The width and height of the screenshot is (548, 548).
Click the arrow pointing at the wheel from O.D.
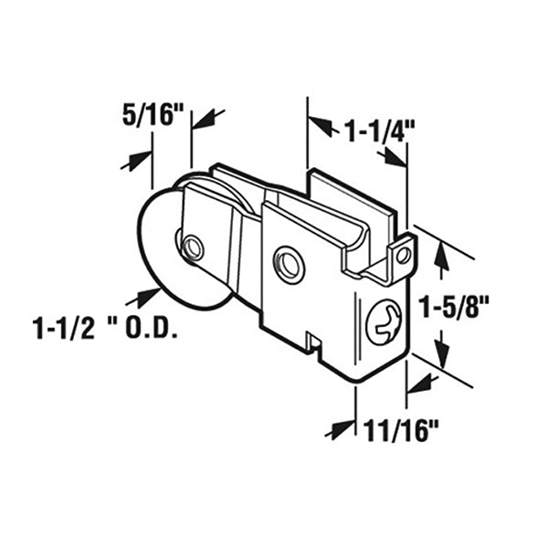tap(145, 296)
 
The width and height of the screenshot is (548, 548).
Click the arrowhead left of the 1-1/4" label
tap(319, 124)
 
